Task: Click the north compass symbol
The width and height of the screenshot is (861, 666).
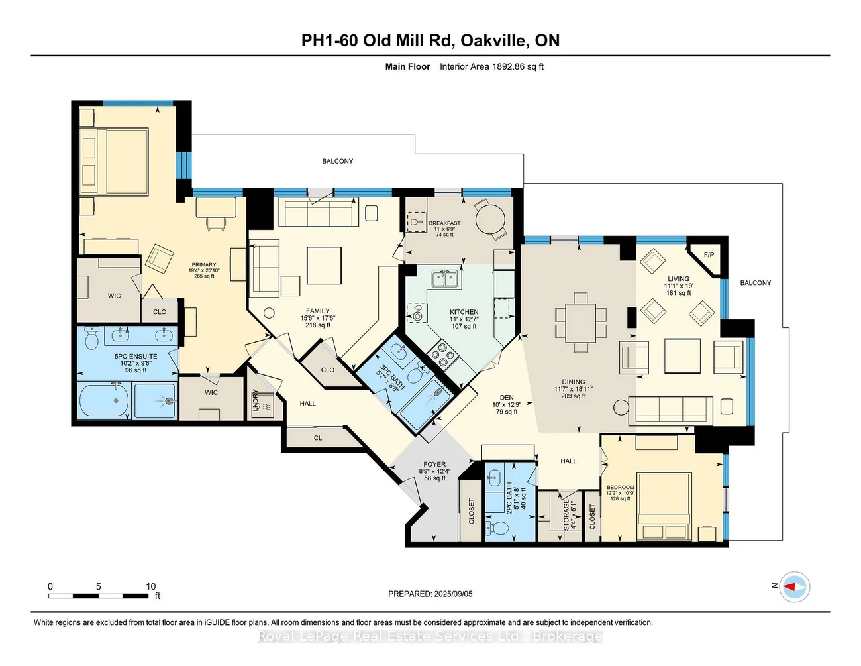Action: [793, 587]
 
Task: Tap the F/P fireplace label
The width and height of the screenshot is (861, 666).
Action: [709, 255]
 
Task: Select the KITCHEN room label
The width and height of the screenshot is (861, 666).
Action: [464, 312]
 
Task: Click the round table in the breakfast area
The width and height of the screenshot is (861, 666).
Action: [491, 218]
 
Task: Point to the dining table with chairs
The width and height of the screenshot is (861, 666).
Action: [581, 323]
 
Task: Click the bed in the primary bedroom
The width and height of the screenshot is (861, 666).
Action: [114, 162]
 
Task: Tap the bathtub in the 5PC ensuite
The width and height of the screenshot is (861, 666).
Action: [105, 401]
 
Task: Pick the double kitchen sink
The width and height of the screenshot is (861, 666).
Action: [445, 278]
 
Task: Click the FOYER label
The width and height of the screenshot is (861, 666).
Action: [434, 465]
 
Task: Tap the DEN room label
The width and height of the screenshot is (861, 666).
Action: [507, 398]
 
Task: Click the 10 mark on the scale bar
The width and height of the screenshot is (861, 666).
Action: [151, 586]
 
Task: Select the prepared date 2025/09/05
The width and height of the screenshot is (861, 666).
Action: [453, 594]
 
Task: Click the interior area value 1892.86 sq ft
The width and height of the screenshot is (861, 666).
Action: [517, 66]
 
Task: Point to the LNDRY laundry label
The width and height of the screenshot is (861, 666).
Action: [256, 400]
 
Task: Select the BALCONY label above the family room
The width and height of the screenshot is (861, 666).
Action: [337, 161]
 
